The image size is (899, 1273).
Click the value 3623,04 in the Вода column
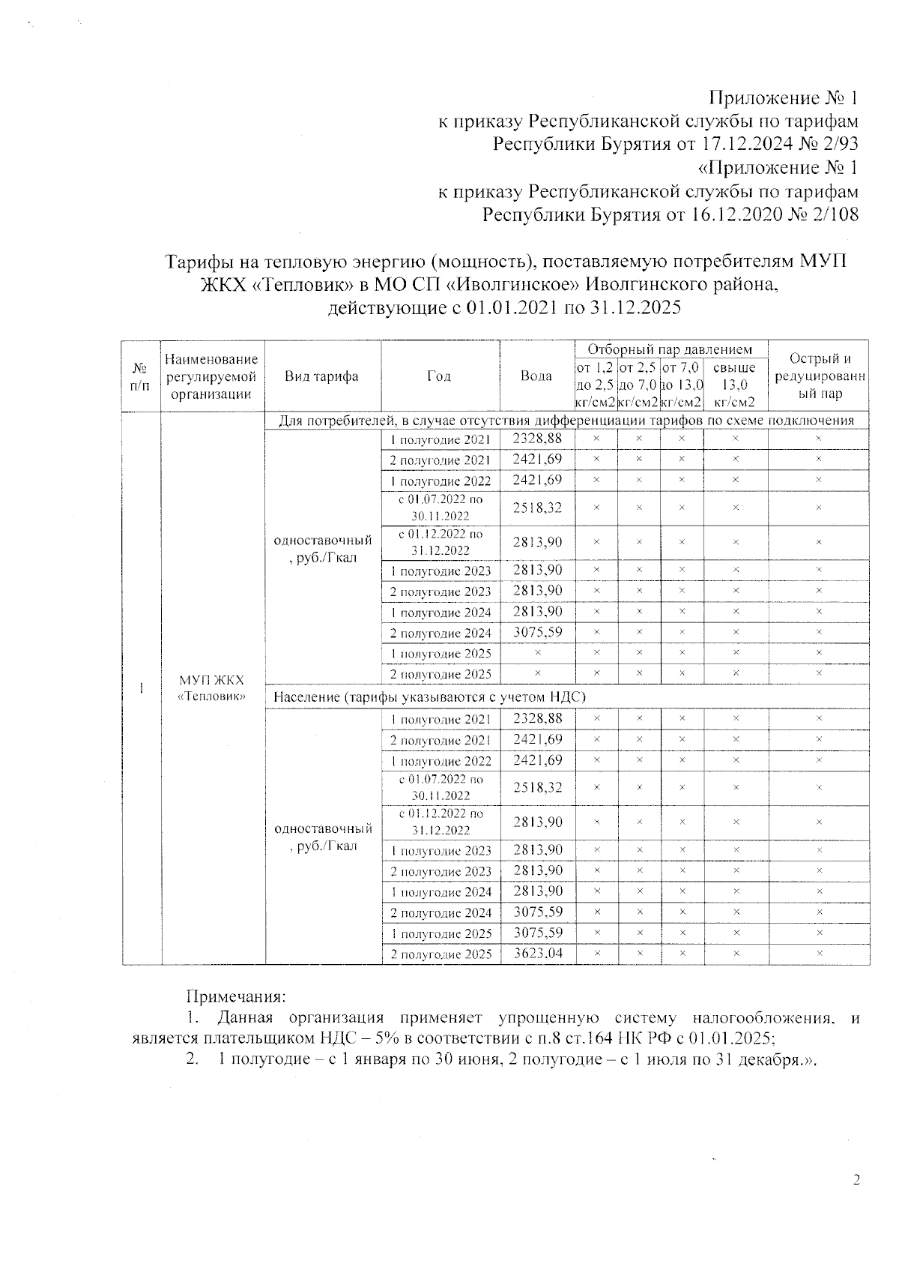[x=537, y=954]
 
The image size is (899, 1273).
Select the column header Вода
[x=536, y=376]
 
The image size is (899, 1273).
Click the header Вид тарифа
[x=321, y=376]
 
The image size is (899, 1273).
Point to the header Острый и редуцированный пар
[x=820, y=376]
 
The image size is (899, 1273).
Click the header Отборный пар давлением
[x=669, y=349]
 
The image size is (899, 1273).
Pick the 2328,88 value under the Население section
[x=537, y=719]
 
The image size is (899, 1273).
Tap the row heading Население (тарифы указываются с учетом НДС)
[x=429, y=697]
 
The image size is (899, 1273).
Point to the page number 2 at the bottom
[x=856, y=1181]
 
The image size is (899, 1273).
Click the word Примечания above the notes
[x=236, y=997]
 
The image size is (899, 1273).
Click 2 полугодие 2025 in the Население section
[x=441, y=954]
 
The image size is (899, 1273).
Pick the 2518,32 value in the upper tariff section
[x=537, y=508]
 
